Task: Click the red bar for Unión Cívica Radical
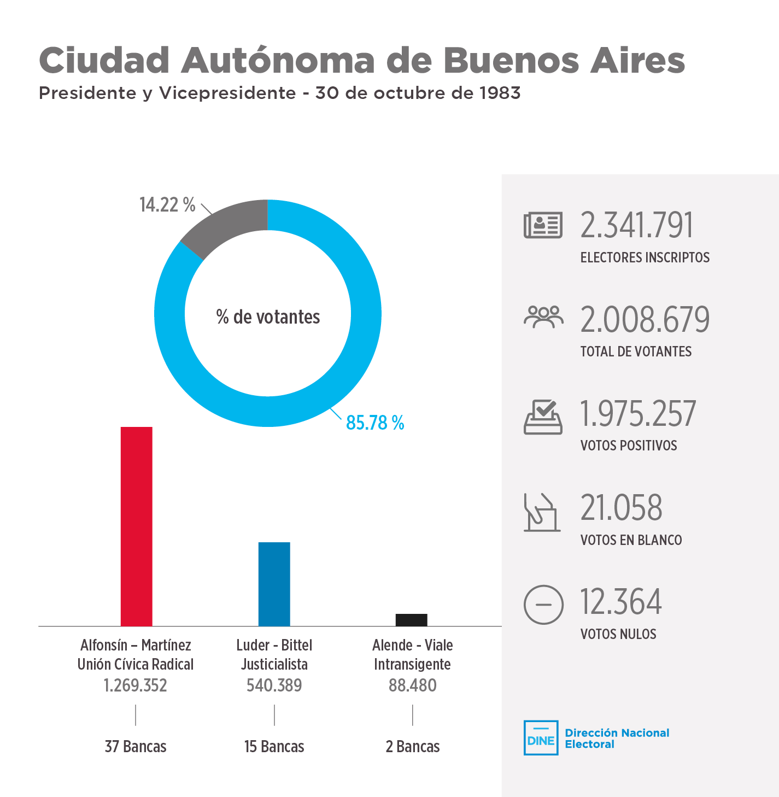(x=136, y=526)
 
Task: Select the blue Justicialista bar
(x=274, y=584)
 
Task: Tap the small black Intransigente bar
(x=411, y=620)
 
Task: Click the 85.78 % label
(x=375, y=423)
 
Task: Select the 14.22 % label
(x=167, y=205)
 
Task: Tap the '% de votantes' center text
(x=268, y=317)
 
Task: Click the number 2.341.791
(x=636, y=225)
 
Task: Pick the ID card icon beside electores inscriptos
(x=543, y=225)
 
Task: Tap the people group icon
(x=543, y=317)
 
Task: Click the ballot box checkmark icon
(x=543, y=417)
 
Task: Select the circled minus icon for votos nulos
(x=543, y=605)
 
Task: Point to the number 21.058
(x=621, y=508)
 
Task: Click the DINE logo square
(x=541, y=738)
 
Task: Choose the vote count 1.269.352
(x=136, y=685)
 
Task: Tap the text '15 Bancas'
(x=274, y=747)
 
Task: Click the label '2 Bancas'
(x=413, y=747)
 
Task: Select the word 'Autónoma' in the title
(x=278, y=60)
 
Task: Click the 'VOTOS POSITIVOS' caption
(x=629, y=446)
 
